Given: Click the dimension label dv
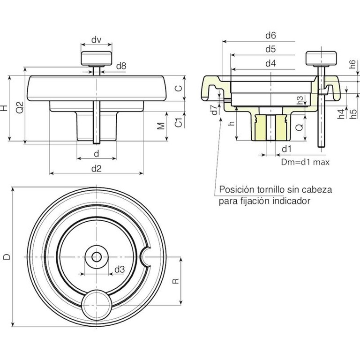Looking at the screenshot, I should point(97,40).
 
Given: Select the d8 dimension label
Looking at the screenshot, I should point(120,66).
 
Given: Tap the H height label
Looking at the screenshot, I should point(4,108).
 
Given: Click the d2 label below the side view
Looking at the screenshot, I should point(97,169).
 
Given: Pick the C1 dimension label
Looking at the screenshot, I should point(178,122).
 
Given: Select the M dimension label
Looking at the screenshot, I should point(161,126).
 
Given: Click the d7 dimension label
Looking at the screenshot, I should point(214,111).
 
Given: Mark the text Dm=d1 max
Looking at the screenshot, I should point(306,162).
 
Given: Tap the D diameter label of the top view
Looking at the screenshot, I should point(6,256).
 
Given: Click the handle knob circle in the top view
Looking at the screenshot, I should point(96,304).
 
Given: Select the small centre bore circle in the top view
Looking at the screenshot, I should point(96,257).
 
